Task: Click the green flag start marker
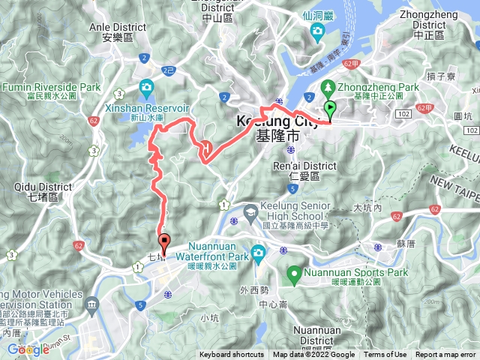click(x=330, y=110)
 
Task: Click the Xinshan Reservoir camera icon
click(x=145, y=88)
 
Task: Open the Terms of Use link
click(x=385, y=355)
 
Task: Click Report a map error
click(x=447, y=355)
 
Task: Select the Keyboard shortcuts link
click(x=232, y=355)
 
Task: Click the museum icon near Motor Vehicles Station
click(x=91, y=304)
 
